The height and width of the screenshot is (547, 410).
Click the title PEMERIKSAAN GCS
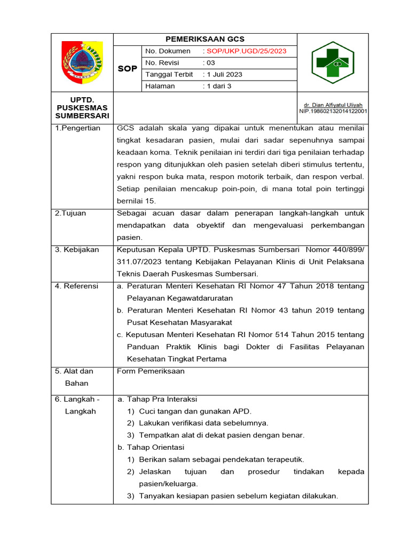[205, 39]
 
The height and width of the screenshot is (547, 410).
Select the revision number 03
[209, 63]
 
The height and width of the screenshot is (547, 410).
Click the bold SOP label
[127, 69]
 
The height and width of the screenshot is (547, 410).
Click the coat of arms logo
[82, 62]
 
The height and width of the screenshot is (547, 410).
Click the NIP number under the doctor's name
[333, 112]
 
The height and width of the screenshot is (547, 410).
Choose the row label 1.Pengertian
[77, 128]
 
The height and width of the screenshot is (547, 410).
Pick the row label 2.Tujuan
[70, 213]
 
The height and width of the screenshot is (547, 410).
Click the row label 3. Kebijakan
[77, 249]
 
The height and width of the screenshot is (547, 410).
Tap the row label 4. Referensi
[77, 286]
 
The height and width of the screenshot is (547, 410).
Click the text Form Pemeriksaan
[151, 371]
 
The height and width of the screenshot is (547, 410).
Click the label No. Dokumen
[168, 51]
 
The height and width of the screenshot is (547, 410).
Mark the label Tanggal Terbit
[169, 74]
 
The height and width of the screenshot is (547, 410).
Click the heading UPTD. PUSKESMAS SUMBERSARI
[82, 108]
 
